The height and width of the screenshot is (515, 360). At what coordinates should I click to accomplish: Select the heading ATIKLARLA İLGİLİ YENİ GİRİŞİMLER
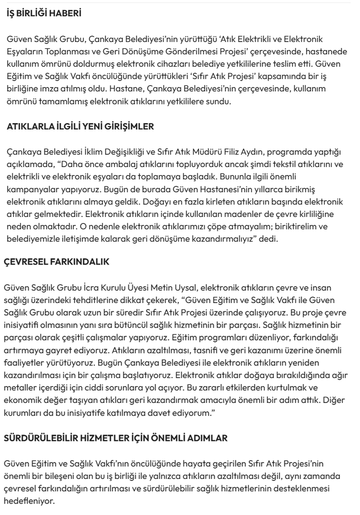point(74,127)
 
